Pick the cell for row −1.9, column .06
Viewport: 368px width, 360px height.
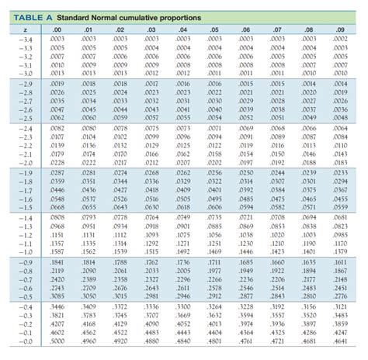[246, 172]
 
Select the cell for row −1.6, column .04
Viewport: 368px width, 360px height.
[183, 199]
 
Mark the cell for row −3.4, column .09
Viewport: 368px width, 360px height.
[340, 39]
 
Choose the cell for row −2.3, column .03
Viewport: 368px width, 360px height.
[151, 137]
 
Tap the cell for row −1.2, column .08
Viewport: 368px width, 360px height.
[309, 234]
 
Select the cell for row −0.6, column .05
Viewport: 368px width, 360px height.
[216, 288]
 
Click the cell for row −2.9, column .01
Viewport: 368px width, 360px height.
[89, 83]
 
